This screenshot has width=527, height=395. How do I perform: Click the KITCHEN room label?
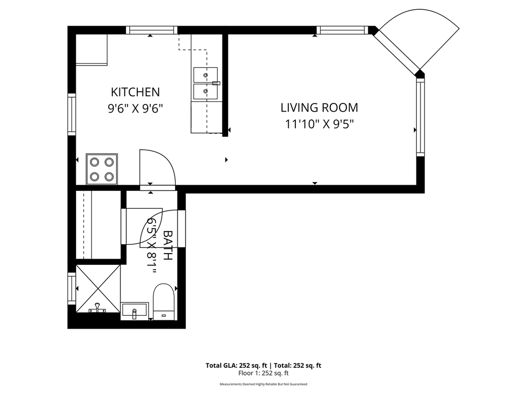(x=135, y=92)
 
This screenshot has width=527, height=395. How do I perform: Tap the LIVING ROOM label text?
(x=319, y=108)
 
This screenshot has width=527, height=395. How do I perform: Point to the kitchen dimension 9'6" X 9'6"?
(x=135, y=109)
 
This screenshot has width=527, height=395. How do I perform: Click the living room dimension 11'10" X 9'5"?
(x=320, y=124)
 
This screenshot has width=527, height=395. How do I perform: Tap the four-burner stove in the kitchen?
(x=102, y=169)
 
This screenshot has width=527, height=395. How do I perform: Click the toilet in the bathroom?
(x=164, y=302)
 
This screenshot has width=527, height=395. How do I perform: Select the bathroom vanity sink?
(x=134, y=311)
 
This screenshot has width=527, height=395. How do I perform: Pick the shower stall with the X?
(x=98, y=289)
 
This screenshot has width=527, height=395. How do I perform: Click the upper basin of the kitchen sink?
(x=205, y=75)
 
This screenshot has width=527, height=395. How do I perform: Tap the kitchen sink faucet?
(x=216, y=83)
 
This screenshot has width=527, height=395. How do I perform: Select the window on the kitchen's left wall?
(x=72, y=115)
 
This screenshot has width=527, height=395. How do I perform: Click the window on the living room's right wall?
(x=420, y=117)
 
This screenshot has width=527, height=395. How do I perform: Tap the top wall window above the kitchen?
(x=152, y=30)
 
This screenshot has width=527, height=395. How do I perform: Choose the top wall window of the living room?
(x=342, y=30)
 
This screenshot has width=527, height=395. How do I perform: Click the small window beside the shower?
(x=72, y=289)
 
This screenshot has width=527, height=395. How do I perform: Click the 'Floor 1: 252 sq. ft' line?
(x=263, y=373)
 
